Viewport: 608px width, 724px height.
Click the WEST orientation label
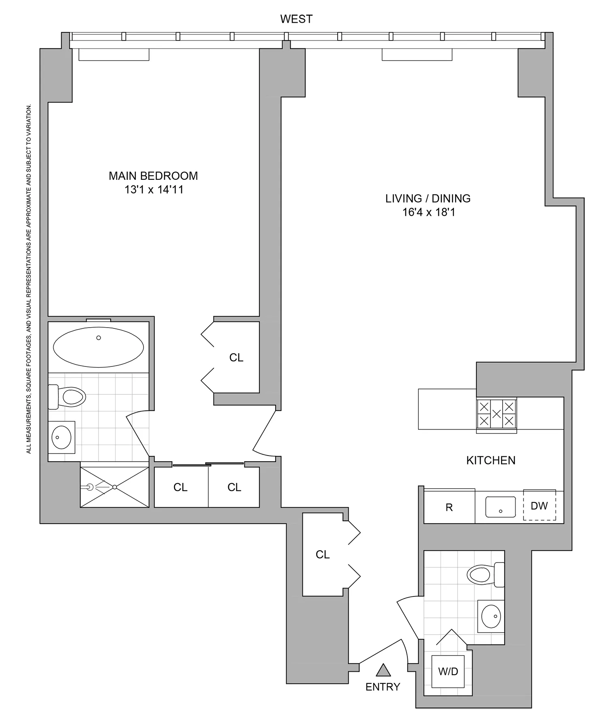coord(296,19)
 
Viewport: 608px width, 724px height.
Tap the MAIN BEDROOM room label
coord(153,176)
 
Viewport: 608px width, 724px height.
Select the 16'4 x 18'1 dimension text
coord(428,212)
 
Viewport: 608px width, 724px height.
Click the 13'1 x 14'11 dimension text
coord(154,190)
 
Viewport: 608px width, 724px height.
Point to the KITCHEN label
coord(490,460)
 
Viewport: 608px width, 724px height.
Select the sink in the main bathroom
coord(62,437)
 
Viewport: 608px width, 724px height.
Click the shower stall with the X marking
coord(115,487)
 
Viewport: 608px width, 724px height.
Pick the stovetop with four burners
coord(497,414)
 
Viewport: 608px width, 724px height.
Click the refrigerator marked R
coord(449,507)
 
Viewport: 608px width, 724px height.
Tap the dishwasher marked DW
coord(539,506)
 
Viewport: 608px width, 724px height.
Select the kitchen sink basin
coord(501,507)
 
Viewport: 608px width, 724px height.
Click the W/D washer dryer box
coord(448,672)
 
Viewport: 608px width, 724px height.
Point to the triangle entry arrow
coord(383,671)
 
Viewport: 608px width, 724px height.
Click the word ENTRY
coord(383,687)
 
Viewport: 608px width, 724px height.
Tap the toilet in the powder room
coord(484,574)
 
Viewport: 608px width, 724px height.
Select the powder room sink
coord(491,616)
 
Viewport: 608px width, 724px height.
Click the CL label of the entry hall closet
coord(323,554)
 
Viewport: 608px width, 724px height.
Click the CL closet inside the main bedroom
coord(236,358)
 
